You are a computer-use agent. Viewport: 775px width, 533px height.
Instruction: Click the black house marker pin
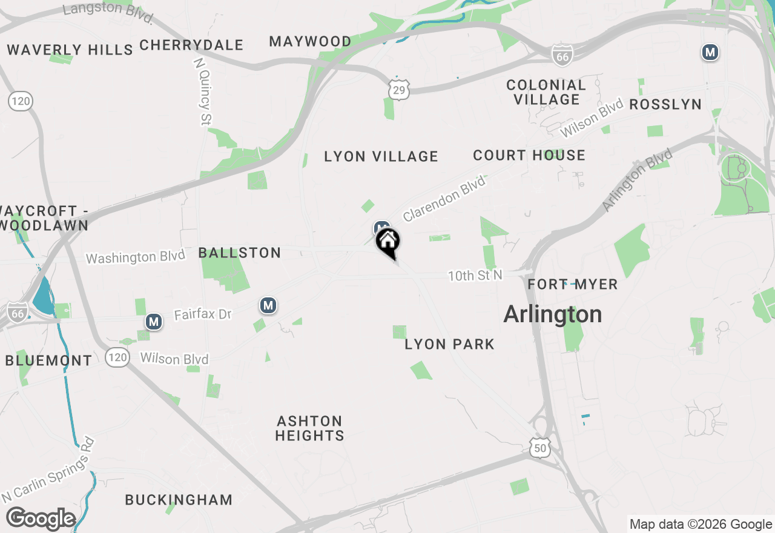click(x=388, y=242)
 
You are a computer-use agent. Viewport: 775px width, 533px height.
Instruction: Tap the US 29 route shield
click(x=398, y=88)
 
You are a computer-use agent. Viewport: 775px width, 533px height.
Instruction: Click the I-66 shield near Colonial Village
click(x=562, y=55)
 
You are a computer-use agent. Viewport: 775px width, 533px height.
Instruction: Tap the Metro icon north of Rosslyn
click(x=710, y=52)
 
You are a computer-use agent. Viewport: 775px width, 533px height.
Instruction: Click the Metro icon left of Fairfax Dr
click(x=154, y=321)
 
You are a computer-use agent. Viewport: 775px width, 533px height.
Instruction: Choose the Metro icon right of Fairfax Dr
click(x=268, y=305)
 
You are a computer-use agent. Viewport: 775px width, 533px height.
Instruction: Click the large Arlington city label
click(x=553, y=314)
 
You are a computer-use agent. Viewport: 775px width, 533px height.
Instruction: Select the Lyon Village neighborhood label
click(x=381, y=156)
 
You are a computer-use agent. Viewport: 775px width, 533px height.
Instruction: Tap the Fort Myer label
click(x=572, y=284)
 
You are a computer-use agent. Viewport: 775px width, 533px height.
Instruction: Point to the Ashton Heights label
click(x=309, y=428)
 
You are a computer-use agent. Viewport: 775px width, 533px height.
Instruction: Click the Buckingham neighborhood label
click(x=179, y=500)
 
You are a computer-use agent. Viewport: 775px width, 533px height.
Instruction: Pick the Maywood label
click(x=310, y=41)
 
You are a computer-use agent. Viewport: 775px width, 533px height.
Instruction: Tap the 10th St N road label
click(x=475, y=276)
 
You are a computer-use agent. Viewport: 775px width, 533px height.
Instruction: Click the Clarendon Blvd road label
click(x=444, y=198)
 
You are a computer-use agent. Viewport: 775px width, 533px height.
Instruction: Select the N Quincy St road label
click(x=203, y=91)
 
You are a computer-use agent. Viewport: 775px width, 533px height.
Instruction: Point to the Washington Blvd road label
click(x=135, y=257)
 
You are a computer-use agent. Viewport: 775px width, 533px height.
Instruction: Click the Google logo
click(x=41, y=519)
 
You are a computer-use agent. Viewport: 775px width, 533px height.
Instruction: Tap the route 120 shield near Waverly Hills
click(x=21, y=101)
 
